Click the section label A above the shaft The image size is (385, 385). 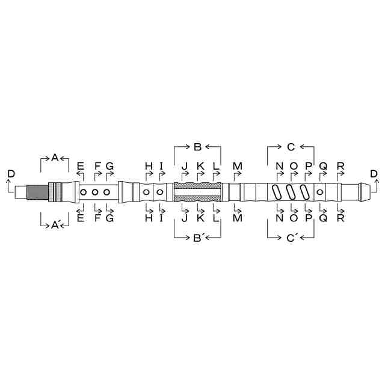[55, 158]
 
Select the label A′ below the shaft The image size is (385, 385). [55, 224]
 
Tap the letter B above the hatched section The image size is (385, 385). [197, 147]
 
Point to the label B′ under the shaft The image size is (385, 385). [198, 238]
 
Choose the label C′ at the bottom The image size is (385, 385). [291, 238]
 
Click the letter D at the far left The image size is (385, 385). [11, 174]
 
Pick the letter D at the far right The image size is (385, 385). [374, 174]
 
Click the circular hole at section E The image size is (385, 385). [83, 192]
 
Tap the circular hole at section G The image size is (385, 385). [106, 192]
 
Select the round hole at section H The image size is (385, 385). [146, 192]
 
